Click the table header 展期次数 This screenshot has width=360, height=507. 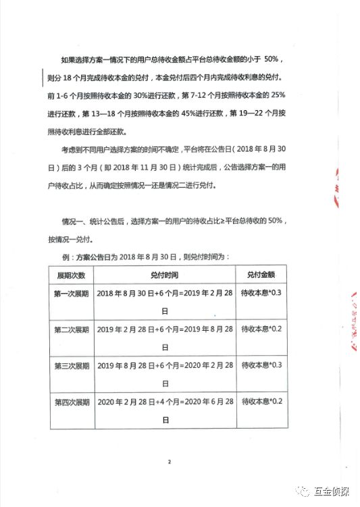click(x=71, y=275)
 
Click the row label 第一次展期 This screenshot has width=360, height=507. click(x=71, y=294)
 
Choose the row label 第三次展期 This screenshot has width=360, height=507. click(x=71, y=365)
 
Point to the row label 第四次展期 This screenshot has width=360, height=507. click(x=71, y=402)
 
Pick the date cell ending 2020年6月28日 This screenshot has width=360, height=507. click(x=165, y=410)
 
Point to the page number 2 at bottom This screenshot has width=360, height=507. click(x=170, y=462)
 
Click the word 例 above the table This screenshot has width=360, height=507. click(x=67, y=257)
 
